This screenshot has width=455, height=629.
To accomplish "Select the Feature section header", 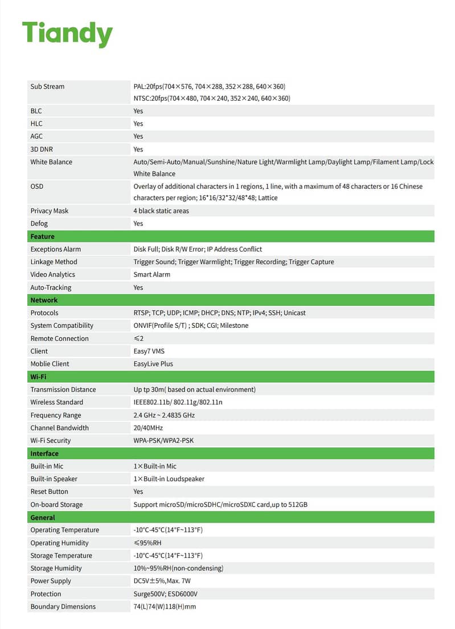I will click(x=43, y=236).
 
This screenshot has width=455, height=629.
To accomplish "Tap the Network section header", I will click(x=44, y=300).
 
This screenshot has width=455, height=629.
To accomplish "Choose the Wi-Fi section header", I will click(x=39, y=377).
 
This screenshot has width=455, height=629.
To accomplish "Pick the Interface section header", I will click(x=44, y=454).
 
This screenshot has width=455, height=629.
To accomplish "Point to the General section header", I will click(x=43, y=517).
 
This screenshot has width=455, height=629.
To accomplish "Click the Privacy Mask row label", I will click(x=49, y=211).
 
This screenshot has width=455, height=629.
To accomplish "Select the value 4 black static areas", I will click(x=161, y=211).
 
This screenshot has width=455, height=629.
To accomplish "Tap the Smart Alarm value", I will click(x=151, y=274).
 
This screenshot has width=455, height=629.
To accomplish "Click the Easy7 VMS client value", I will click(x=149, y=351).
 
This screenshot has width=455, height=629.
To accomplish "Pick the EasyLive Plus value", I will click(x=153, y=364).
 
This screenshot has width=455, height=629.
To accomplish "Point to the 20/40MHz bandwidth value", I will click(x=148, y=427).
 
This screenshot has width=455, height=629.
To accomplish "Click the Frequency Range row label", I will click(x=56, y=415).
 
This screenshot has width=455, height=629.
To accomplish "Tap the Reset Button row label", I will click(x=49, y=491).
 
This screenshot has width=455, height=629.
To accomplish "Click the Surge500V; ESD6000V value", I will click(x=165, y=594).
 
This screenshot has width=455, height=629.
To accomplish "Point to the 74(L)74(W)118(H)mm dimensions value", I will click(x=165, y=606).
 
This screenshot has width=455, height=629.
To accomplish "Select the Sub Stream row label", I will click(x=47, y=87).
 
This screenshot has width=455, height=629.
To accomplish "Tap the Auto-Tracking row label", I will click(x=51, y=287).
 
